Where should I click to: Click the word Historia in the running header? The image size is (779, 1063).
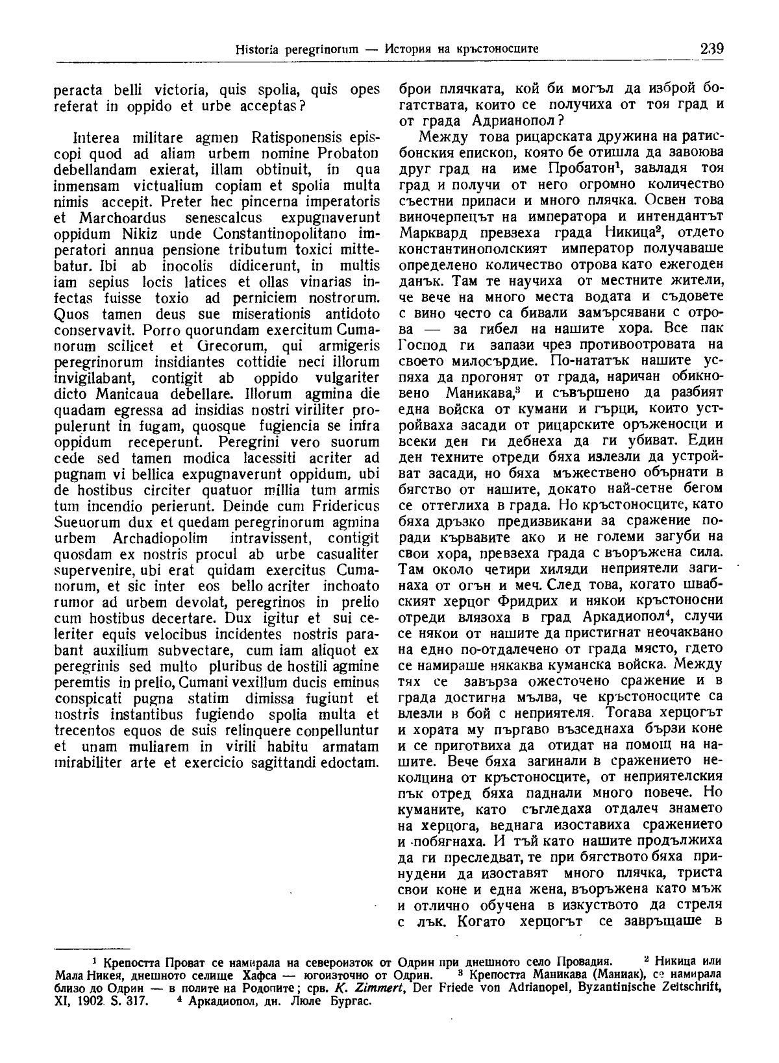[256, 49]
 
